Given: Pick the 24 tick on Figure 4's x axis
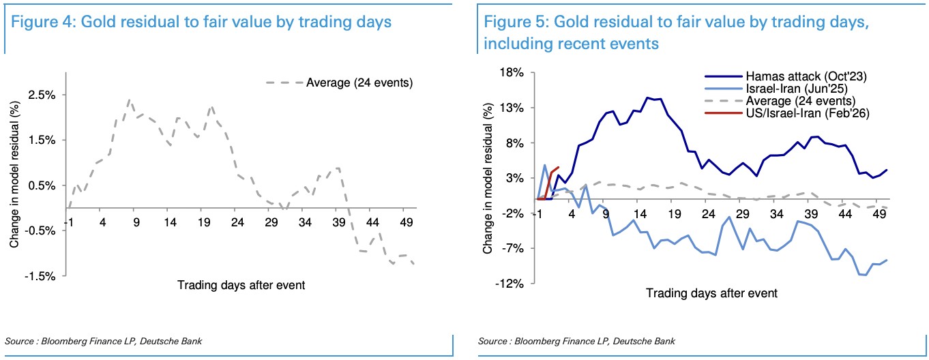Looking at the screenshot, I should pyautogui.click(x=237, y=223).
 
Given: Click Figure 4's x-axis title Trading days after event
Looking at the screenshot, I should pyautogui.click(x=241, y=285).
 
